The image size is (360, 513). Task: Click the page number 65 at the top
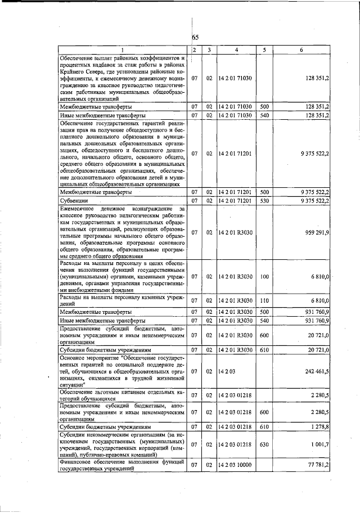[x=196, y=38]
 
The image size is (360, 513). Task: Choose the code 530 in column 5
[x=265, y=200]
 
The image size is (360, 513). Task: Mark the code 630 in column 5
[x=265, y=445]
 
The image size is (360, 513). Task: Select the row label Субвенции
[x=73, y=200]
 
